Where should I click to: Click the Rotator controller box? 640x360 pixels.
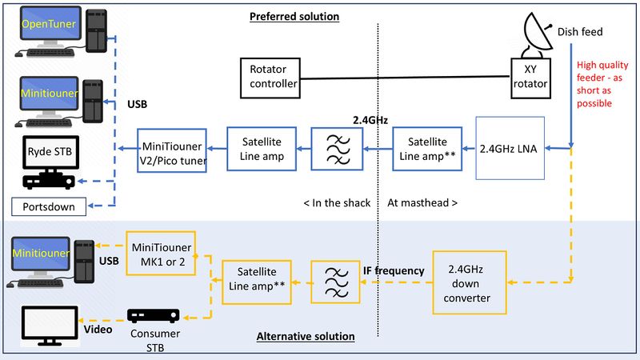[x=269, y=75]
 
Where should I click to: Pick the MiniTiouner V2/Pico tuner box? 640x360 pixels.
[x=171, y=148]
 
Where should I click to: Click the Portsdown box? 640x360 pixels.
[x=50, y=206]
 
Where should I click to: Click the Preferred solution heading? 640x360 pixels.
[x=294, y=16]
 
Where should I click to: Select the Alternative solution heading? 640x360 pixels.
[x=305, y=337]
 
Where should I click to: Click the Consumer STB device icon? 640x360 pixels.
[x=153, y=315]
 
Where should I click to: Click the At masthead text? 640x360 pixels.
[x=422, y=202]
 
